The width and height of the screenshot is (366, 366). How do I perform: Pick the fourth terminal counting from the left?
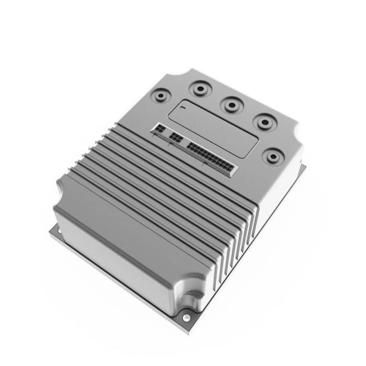click(263, 122)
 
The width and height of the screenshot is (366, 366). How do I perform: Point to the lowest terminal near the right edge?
click(272, 155)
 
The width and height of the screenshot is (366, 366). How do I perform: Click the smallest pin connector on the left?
click(159, 130)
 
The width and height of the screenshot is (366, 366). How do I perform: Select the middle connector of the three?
click(176, 138)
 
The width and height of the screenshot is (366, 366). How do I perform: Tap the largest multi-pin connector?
click(211, 157)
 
